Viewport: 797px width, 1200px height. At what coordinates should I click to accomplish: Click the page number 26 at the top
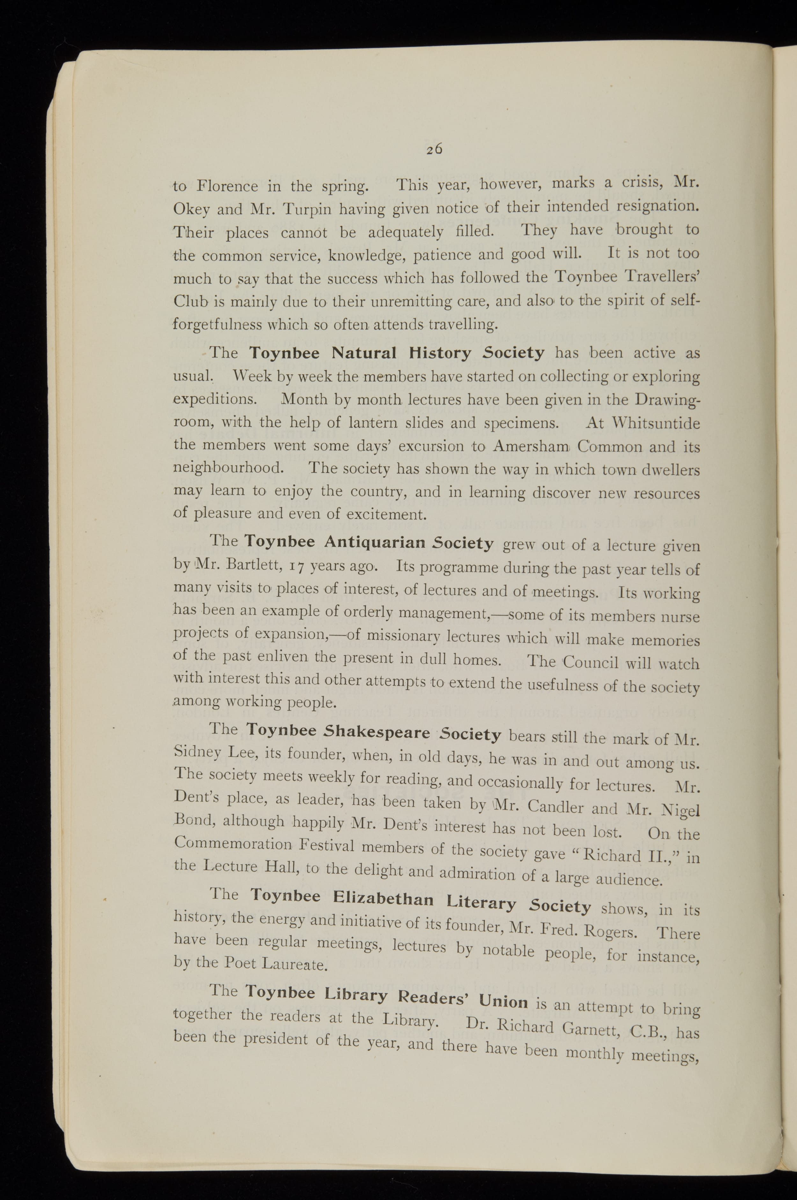[435, 149]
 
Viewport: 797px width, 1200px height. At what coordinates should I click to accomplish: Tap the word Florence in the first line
[227, 186]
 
